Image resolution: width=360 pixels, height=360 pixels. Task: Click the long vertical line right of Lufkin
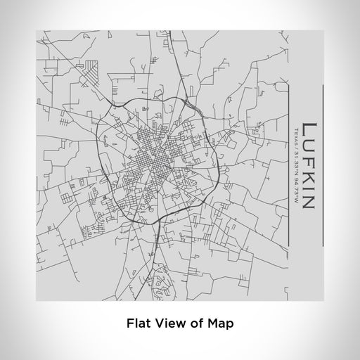point(322,165)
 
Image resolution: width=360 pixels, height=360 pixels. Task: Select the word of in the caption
point(197,324)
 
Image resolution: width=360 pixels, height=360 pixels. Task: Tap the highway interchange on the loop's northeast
point(188,103)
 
